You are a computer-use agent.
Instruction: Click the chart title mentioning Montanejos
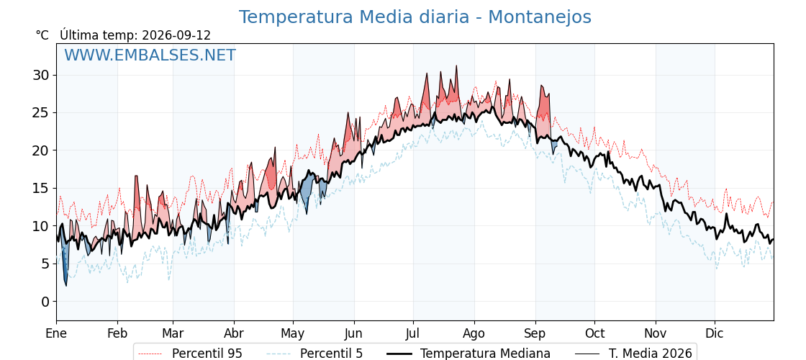(415, 17)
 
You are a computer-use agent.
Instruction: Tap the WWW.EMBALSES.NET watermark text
(150, 55)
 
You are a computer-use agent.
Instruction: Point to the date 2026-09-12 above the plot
(176, 35)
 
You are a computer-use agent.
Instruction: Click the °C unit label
(42, 35)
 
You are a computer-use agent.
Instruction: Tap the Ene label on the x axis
(57, 333)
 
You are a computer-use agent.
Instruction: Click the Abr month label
(234, 333)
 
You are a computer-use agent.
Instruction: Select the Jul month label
(413, 333)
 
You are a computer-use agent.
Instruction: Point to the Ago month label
(474, 334)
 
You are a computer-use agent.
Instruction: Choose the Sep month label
(535, 334)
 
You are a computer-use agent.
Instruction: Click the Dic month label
(714, 333)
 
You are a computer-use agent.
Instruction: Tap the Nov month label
(656, 333)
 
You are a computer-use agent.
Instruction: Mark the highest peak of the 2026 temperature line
(456, 66)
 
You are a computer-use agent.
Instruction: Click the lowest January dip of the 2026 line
(65, 285)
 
